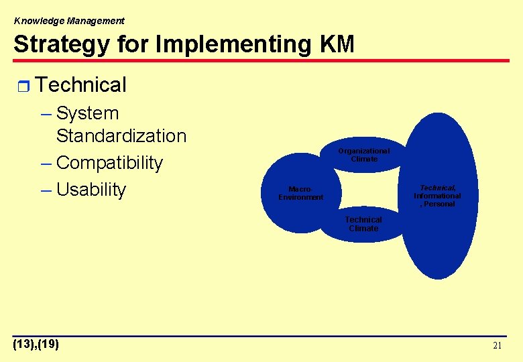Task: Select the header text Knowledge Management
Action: point(69,21)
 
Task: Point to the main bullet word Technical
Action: point(80,85)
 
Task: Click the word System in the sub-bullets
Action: point(88,113)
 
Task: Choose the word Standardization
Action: point(121,135)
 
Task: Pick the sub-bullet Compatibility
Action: point(110,163)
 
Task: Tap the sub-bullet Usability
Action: point(91,190)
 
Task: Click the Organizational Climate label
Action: point(363,155)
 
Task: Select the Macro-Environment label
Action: point(300,193)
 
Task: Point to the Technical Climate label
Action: point(363,224)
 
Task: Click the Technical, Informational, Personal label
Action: point(437,196)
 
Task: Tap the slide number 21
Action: point(497,346)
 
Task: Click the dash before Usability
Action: point(46,190)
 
